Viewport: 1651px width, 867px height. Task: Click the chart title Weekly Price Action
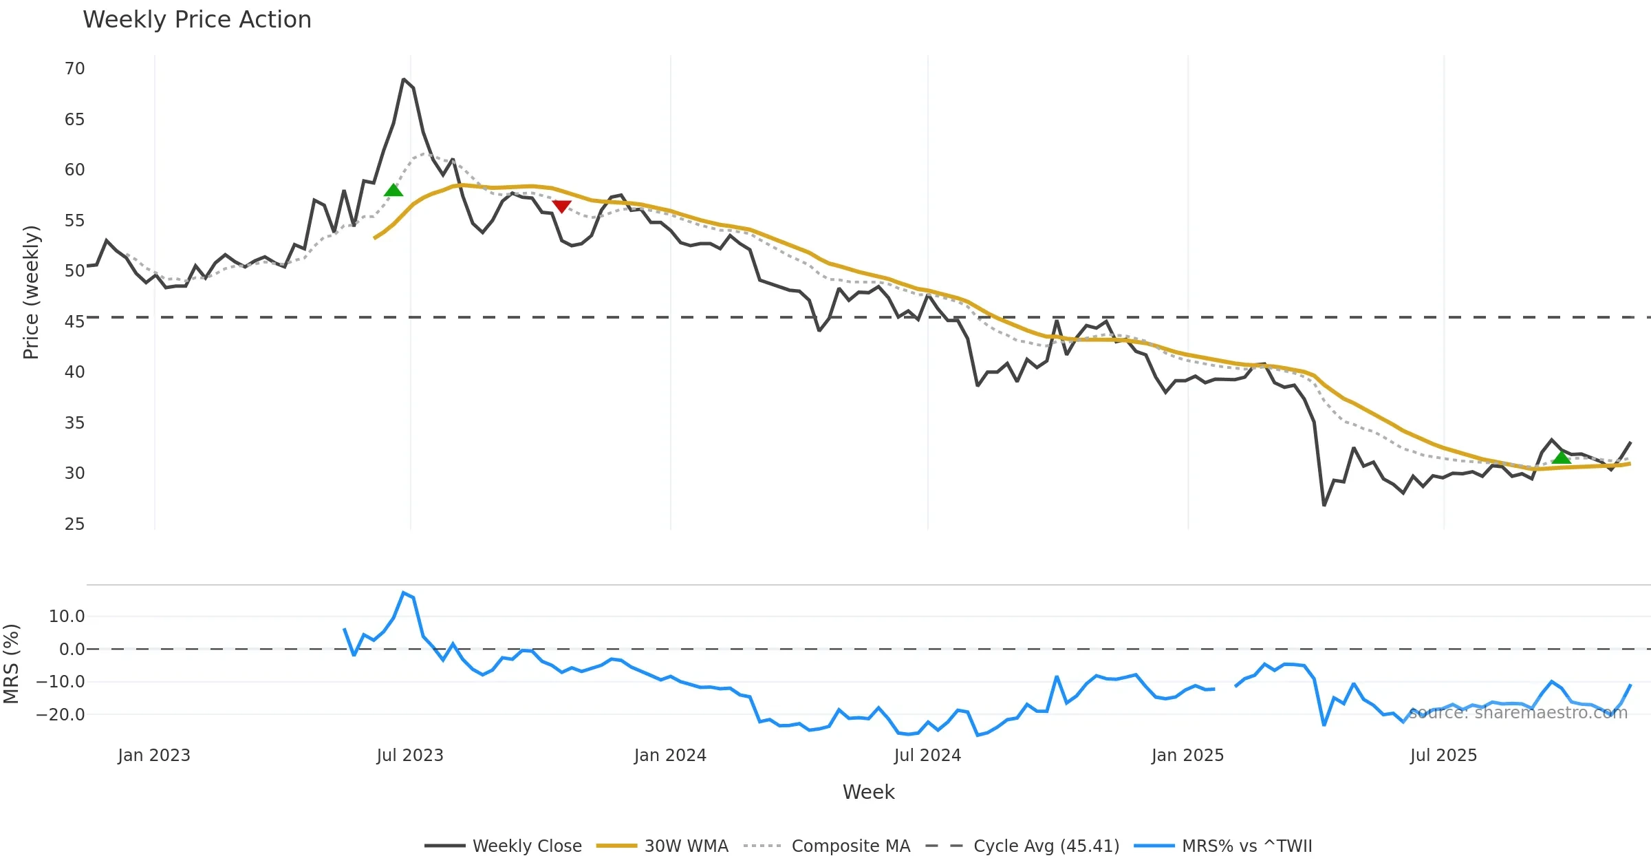point(197,20)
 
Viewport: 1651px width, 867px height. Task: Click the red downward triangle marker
point(561,206)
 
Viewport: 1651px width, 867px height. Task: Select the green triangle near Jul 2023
point(393,190)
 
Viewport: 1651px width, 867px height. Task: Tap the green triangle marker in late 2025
point(1562,458)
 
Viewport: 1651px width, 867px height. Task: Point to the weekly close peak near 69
point(404,80)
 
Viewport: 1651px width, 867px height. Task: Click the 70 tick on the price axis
point(74,69)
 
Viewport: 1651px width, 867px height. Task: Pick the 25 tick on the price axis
point(74,524)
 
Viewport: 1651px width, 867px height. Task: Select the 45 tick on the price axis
point(74,322)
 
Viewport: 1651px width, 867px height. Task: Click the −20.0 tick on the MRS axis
point(61,715)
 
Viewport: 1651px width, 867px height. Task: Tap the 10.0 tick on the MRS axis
point(67,617)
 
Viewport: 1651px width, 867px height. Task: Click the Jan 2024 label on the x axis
point(670,756)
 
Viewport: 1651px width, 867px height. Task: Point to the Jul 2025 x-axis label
point(1443,756)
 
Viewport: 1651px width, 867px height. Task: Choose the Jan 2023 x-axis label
point(154,756)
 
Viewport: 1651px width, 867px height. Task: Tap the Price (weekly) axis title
point(32,292)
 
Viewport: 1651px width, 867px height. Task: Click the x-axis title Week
point(868,793)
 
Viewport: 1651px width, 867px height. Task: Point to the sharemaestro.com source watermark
point(1518,713)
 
